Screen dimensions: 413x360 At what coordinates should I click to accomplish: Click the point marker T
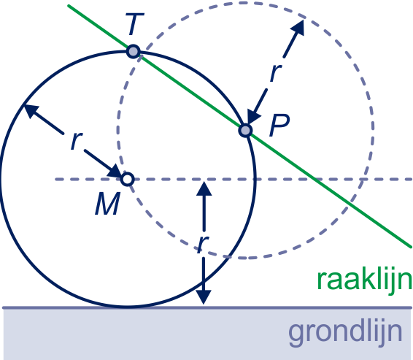134,51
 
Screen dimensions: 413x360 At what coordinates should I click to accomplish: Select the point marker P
245,130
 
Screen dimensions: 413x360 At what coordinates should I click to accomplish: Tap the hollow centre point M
128,179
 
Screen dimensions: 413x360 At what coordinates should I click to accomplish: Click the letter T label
134,24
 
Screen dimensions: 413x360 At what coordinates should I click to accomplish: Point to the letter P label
279,125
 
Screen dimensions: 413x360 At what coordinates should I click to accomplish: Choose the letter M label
108,204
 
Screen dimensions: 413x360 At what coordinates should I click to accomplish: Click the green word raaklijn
365,280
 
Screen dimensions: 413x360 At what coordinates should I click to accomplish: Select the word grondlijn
346,332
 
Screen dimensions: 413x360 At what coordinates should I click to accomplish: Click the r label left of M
77,140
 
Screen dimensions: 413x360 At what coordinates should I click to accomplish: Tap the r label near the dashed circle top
276,72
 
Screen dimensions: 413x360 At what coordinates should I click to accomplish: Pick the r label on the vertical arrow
203,244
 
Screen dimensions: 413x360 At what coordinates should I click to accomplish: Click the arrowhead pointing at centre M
115,172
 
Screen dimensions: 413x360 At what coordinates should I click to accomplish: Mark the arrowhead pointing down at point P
252,117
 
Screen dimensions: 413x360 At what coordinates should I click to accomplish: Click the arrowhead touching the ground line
204,297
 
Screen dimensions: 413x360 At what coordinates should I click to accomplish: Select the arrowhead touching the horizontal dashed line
204,188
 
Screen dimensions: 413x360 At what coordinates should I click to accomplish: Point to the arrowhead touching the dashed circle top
298,28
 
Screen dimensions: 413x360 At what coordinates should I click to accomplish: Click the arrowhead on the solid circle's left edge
31,111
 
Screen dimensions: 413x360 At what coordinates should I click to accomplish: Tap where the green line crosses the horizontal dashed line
315,179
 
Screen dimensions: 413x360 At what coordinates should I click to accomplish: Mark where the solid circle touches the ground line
128,307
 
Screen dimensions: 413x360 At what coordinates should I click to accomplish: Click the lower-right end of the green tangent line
410,247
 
